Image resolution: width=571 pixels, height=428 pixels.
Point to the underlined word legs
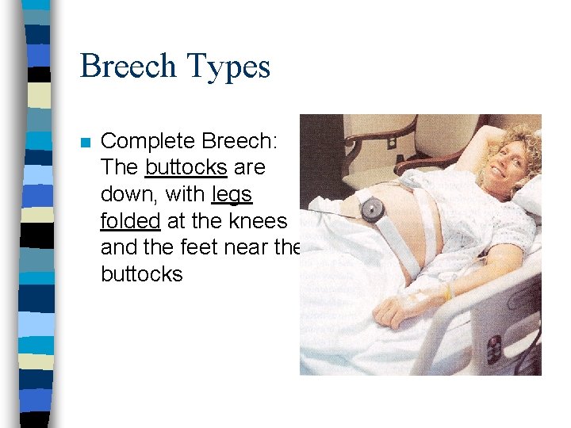(232, 194)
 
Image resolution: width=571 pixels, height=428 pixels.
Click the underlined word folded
(131, 221)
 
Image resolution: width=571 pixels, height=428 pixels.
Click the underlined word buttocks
(184, 168)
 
